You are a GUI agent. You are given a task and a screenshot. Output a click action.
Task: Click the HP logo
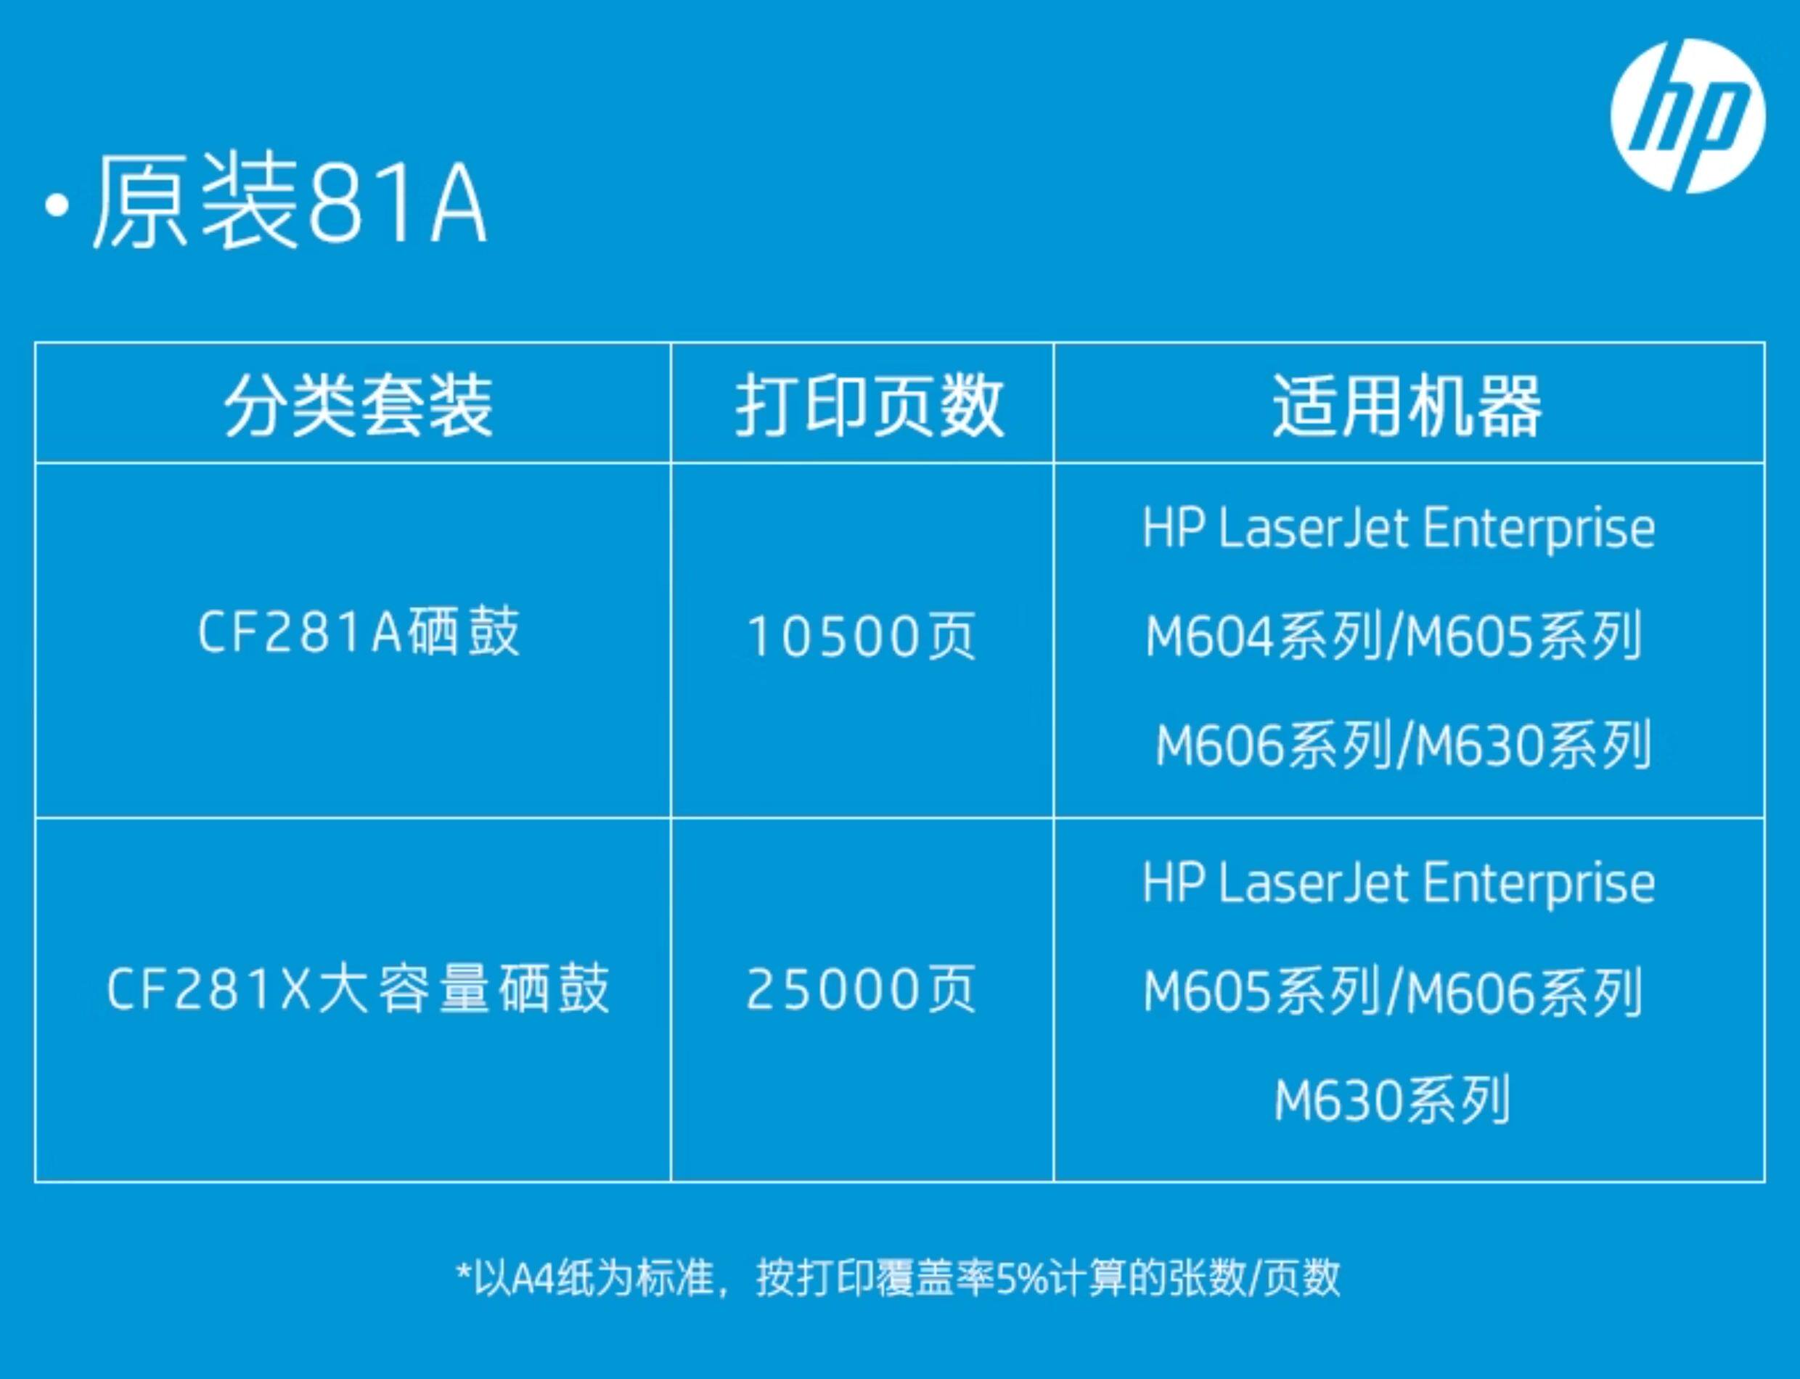[1687, 117]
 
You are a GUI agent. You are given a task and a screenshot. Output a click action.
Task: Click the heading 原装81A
[290, 202]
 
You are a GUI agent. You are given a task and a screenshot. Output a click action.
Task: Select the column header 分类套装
[359, 405]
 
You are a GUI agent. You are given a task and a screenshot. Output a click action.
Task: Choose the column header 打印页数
[870, 405]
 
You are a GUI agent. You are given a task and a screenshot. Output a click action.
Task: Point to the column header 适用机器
[1407, 405]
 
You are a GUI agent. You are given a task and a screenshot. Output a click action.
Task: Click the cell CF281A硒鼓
[359, 632]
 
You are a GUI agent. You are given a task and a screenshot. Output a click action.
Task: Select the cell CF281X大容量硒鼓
[359, 988]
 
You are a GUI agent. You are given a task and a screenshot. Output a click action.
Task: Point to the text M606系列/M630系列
[1403, 745]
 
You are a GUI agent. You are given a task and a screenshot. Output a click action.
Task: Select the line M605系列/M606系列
[1393, 991]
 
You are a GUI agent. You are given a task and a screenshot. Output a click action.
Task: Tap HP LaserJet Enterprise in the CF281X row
[1399, 885]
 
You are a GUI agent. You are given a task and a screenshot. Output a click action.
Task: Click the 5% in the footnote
[1023, 1277]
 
